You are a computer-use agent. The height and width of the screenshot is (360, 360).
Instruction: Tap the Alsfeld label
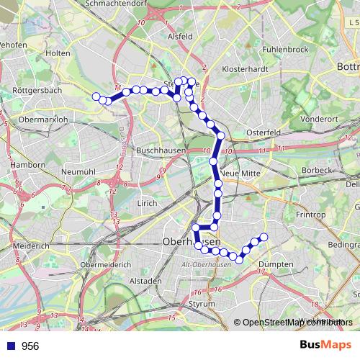tap(179, 35)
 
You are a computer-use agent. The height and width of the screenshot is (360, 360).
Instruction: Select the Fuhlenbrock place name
tap(285, 50)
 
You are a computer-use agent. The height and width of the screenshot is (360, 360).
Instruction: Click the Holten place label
tap(58, 53)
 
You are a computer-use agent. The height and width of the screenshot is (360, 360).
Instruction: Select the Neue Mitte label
tap(240, 174)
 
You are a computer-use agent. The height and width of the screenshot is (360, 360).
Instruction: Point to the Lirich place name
tap(147, 204)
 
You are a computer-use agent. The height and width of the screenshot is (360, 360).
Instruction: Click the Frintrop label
tap(310, 215)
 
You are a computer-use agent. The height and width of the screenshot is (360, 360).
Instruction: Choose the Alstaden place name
tap(146, 280)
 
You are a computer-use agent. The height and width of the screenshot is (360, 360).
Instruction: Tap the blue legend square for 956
tap(10, 346)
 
